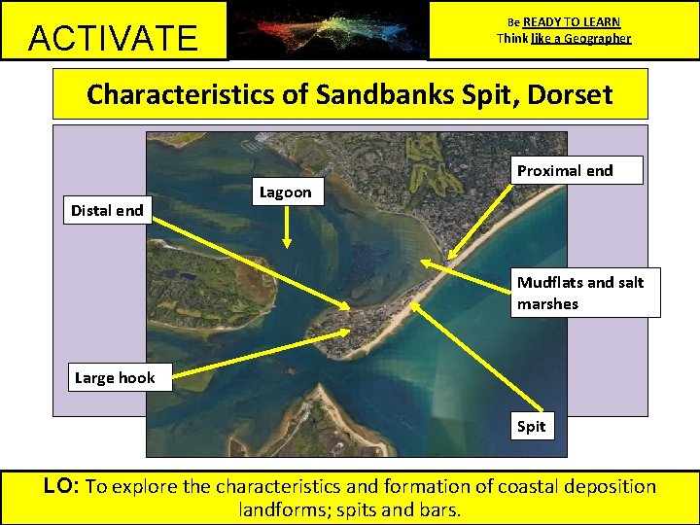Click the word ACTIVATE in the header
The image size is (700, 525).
coord(113,38)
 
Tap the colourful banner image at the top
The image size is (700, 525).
coord(328,29)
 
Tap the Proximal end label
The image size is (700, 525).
coord(565,171)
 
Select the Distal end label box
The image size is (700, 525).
coord(107,210)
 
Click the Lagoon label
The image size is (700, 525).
coord(285,192)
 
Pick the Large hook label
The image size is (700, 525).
coord(115,377)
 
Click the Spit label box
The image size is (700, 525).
coord(531,426)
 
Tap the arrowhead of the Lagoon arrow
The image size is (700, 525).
coord(287,242)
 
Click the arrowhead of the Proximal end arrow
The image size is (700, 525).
coord(428,262)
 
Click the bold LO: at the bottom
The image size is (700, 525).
coord(63,486)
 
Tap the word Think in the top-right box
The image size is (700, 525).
coord(512,39)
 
